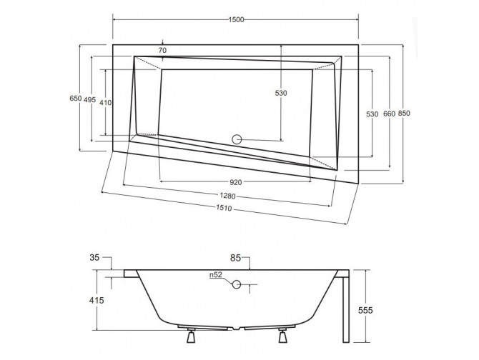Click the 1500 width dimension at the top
point(237,19)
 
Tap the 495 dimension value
point(89,100)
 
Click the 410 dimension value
point(105,103)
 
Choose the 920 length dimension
point(231,181)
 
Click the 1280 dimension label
point(226,196)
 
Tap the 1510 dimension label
point(223,210)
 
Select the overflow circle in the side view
point(236,286)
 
